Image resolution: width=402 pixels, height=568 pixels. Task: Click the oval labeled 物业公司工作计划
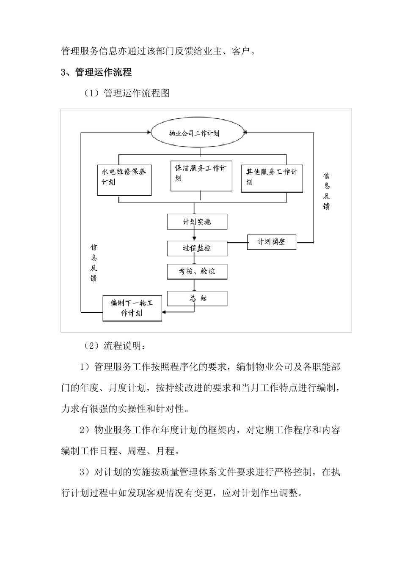(x=194, y=133)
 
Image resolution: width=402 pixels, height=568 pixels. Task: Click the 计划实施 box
(x=197, y=222)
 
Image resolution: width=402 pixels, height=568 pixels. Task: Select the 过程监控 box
(x=197, y=248)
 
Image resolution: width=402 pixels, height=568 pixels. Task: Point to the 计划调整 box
(x=271, y=242)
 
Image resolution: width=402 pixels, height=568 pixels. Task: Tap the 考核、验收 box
(x=197, y=272)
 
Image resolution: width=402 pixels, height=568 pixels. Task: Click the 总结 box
(x=197, y=298)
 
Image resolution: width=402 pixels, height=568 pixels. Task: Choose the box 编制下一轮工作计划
(x=132, y=308)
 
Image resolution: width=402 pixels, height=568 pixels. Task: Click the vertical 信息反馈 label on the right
(x=326, y=191)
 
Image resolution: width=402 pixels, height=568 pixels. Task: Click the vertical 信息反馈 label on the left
(x=94, y=262)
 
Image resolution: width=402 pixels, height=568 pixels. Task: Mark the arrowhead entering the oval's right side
(x=247, y=132)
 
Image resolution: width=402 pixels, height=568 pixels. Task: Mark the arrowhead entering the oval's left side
(x=149, y=132)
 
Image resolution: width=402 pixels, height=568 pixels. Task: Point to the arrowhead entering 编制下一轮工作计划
(x=164, y=312)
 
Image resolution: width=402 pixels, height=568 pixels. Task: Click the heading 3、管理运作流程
(x=96, y=72)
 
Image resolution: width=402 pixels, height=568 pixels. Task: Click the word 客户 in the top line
(x=241, y=52)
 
